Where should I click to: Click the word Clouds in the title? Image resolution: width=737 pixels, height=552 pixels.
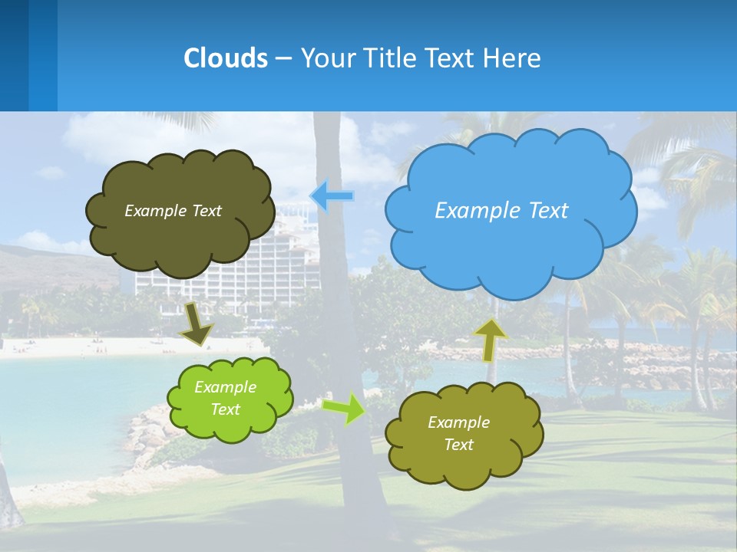pos(225,58)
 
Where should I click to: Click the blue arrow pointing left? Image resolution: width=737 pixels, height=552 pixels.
pos(332,196)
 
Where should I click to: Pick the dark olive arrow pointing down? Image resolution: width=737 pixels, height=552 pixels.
pos(197,323)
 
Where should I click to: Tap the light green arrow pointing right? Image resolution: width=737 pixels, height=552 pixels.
pos(345,408)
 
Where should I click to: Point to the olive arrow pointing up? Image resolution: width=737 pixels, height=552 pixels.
pos(489,340)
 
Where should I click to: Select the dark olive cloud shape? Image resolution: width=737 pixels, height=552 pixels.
pos(180,238)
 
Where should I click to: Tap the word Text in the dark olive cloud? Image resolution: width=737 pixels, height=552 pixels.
pos(205,211)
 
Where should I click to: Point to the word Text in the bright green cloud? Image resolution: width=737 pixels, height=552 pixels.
pos(226,409)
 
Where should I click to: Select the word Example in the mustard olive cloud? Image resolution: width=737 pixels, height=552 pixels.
pos(458,422)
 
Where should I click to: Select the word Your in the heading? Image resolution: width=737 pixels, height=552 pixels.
pos(326,58)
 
